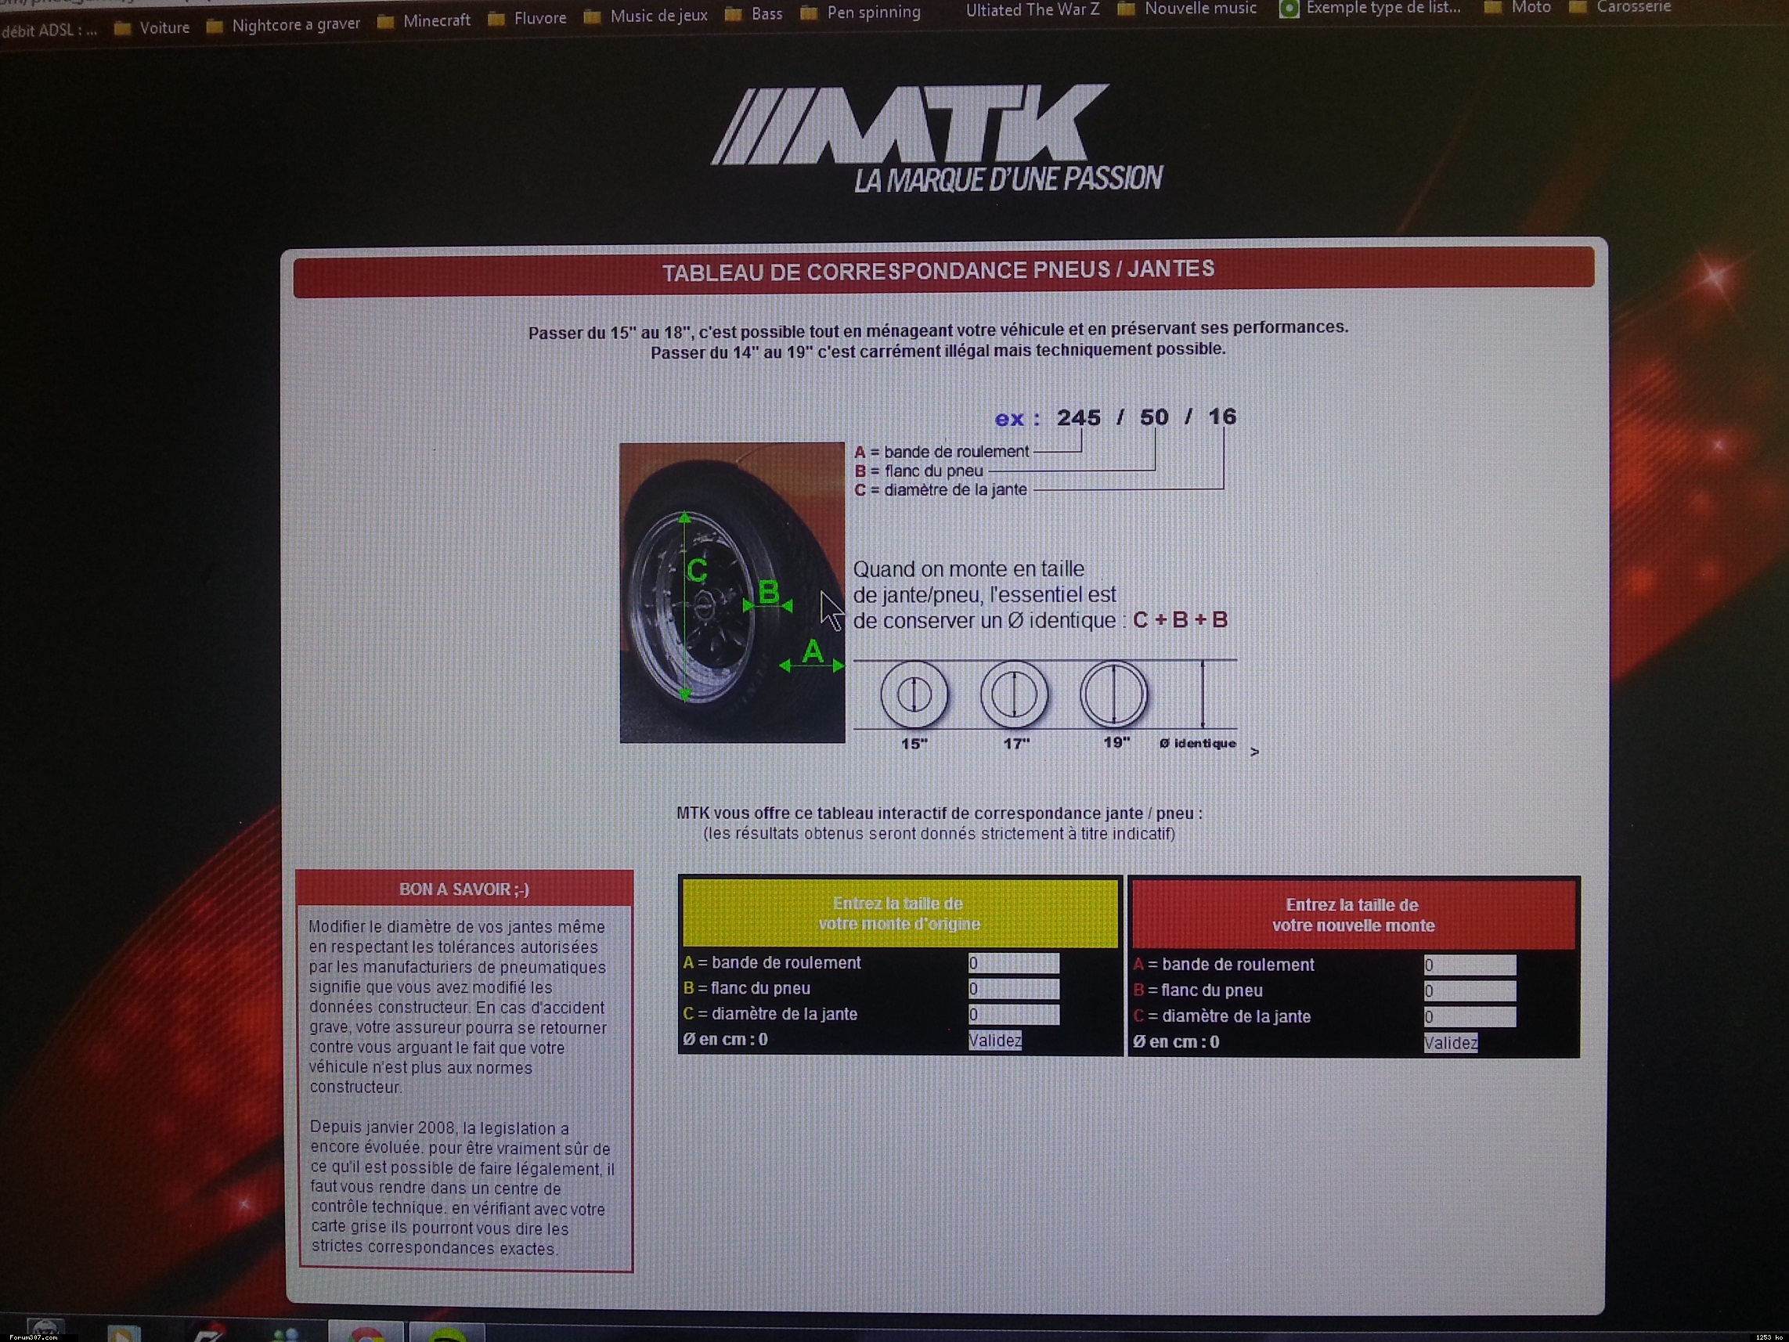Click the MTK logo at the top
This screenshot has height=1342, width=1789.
point(936,139)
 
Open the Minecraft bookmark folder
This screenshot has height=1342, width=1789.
point(425,20)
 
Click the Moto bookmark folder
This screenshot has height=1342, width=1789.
point(1518,7)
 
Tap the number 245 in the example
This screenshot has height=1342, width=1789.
point(1078,417)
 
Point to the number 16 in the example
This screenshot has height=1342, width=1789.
point(1221,417)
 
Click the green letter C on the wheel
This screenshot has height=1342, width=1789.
point(696,571)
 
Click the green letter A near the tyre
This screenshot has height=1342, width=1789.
point(812,651)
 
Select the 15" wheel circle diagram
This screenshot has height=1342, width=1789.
point(914,694)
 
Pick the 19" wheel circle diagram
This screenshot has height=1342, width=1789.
point(1113,694)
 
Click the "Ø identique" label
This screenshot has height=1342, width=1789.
point(1197,743)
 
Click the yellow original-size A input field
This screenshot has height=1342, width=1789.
point(1013,962)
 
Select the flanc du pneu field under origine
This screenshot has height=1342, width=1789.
point(1013,989)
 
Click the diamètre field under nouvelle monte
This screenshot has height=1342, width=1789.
point(1470,1017)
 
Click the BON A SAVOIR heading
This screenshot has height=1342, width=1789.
point(463,889)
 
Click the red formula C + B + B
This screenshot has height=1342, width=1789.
point(1180,619)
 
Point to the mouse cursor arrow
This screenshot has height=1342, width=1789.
point(831,610)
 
